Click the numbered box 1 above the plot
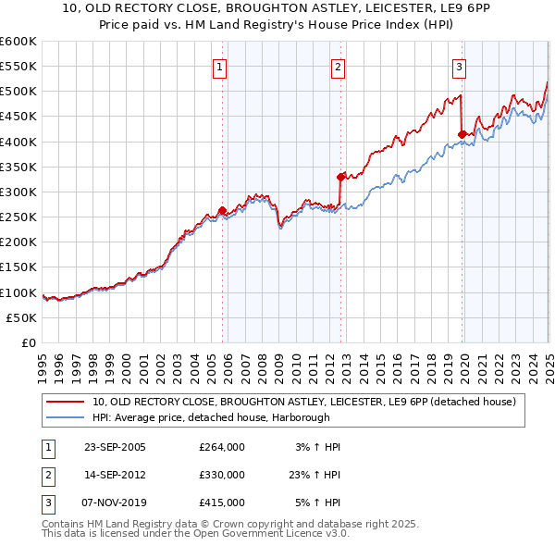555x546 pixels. [220, 66]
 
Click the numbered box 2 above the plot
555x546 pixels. [339, 66]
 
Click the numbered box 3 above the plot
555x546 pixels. [459, 66]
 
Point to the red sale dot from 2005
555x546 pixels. [222, 210]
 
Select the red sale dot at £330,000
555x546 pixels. [341, 177]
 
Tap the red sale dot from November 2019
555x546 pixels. [462, 134]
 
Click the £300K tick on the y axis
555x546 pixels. [18, 192]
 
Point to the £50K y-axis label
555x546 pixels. [22, 317]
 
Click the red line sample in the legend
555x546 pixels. [66, 402]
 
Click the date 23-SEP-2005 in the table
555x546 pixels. [115, 446]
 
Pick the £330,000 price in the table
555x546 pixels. [222, 475]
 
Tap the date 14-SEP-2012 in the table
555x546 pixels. [115, 475]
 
